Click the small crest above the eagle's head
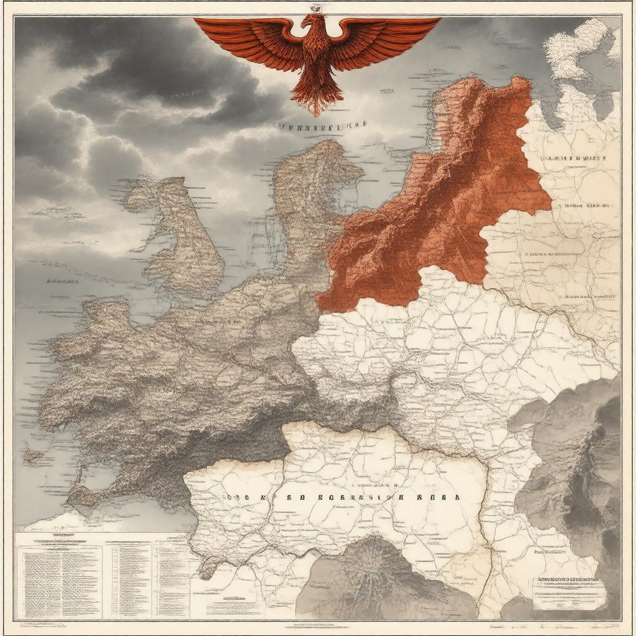tap(316, 7)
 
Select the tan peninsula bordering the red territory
tap(311, 199)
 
